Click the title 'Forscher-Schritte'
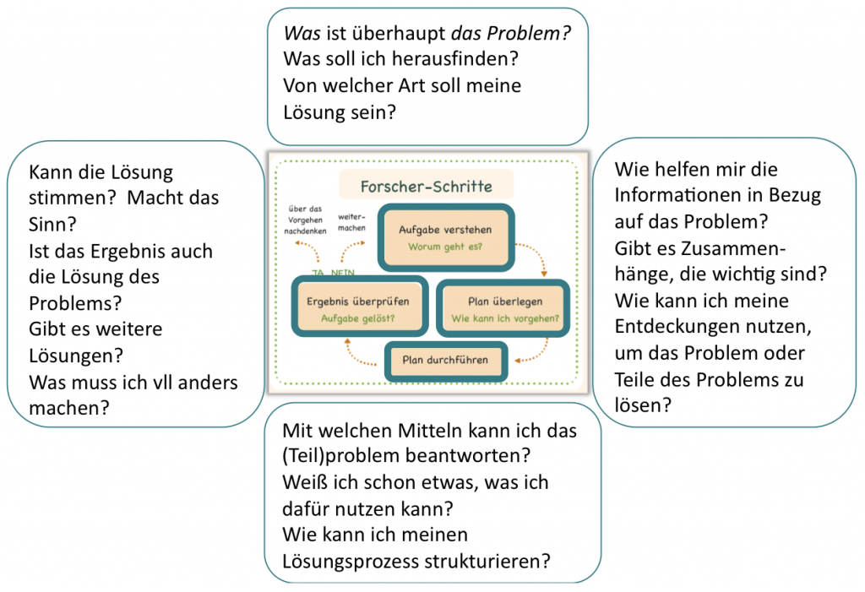(x=426, y=186)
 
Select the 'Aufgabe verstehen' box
(x=444, y=237)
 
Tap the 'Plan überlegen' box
(x=505, y=308)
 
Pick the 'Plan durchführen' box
(x=445, y=360)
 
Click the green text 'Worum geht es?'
(x=444, y=247)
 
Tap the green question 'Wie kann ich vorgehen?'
(x=505, y=318)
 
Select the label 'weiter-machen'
(x=351, y=220)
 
